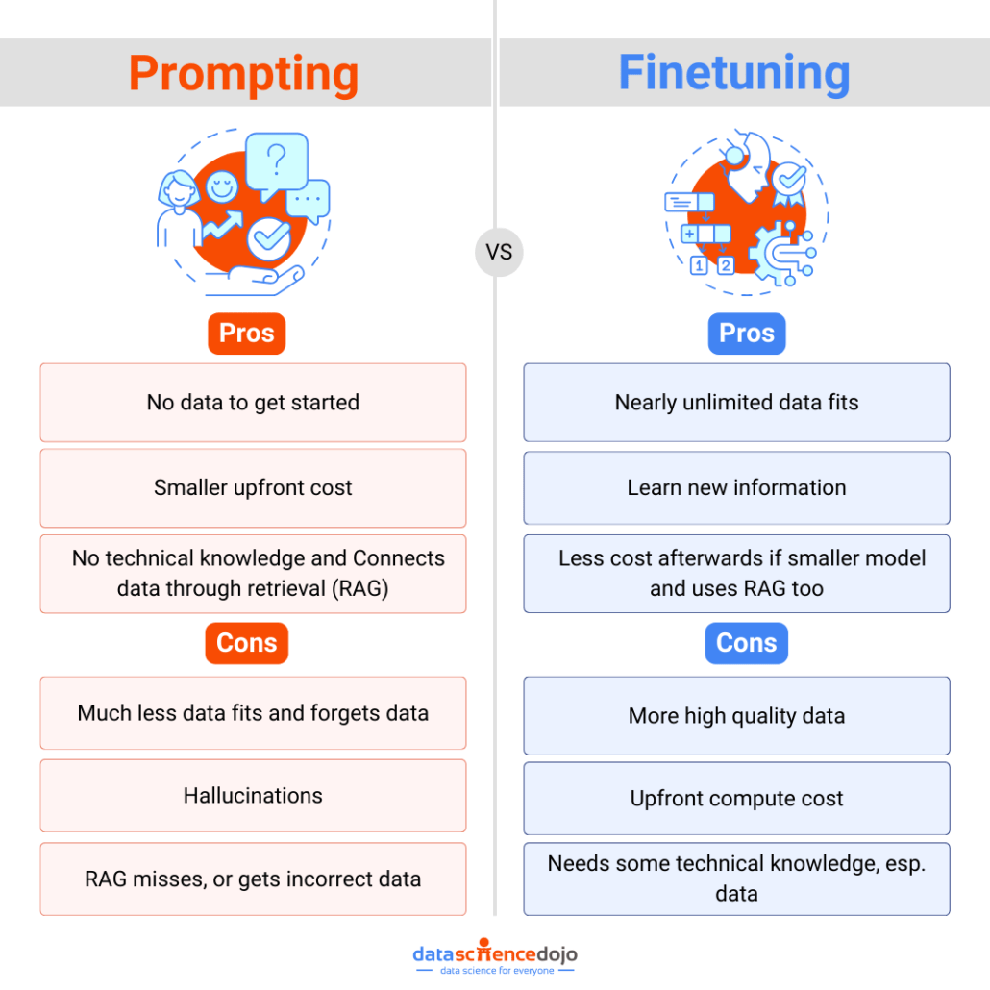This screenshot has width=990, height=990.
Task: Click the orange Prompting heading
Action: point(244,74)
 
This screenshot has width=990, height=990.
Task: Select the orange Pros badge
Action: point(247,334)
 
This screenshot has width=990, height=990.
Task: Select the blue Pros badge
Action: point(747,334)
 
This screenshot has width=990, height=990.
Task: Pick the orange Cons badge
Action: point(247,643)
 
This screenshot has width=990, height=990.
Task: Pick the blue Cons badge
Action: point(747,643)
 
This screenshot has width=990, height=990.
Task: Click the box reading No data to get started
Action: point(253,403)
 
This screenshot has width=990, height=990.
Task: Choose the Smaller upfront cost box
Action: point(253,487)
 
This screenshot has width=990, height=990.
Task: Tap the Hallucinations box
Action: point(253,796)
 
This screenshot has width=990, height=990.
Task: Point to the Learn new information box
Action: point(736,487)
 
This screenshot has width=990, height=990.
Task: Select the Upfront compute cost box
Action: point(736,799)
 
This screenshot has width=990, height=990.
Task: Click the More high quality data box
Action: point(736,716)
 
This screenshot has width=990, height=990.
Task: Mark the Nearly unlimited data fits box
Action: point(736,403)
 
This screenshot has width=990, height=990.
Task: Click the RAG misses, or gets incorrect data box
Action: point(253,879)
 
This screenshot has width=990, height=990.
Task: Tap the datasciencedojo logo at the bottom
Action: point(495,956)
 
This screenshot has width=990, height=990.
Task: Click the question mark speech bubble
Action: point(277,161)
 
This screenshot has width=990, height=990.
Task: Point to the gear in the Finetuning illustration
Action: point(774,249)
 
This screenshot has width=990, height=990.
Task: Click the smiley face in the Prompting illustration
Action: point(223,186)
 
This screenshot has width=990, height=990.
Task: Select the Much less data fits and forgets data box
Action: point(253,713)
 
